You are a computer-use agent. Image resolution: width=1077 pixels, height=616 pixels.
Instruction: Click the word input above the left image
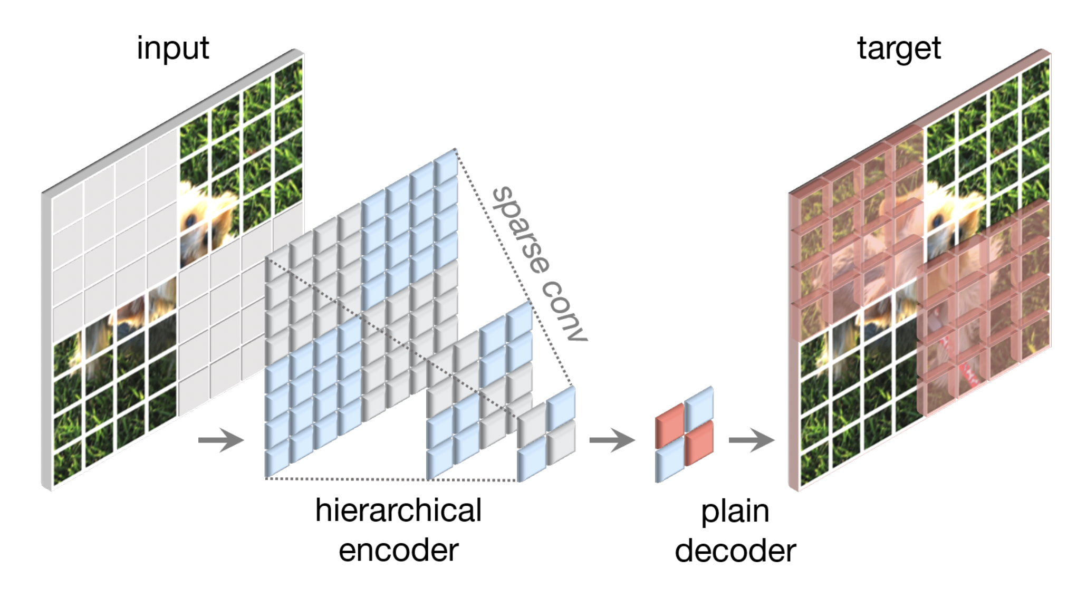(x=172, y=49)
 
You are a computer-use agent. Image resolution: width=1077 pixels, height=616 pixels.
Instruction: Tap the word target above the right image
(x=898, y=49)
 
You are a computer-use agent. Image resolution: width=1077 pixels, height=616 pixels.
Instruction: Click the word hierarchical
(x=398, y=511)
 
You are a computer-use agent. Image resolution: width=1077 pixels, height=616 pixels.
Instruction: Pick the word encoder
(x=398, y=551)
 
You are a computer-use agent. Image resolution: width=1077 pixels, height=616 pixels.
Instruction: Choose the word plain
(x=735, y=512)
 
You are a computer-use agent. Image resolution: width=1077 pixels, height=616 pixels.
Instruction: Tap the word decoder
(x=735, y=552)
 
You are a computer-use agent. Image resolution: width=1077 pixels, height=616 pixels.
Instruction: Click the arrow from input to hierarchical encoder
(x=221, y=440)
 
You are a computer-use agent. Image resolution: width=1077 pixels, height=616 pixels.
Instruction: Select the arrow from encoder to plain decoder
(x=612, y=440)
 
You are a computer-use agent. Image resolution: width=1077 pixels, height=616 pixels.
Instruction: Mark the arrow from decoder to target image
(x=751, y=440)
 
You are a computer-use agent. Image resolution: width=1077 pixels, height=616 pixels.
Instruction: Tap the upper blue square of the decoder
(x=699, y=406)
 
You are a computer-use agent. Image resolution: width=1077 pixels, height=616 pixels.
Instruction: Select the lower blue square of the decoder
(x=669, y=461)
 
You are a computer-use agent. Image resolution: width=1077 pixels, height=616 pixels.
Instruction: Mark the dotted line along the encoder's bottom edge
(x=390, y=479)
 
